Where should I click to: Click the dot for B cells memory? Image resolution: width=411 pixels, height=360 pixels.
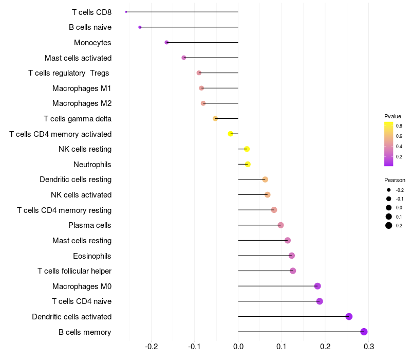364,332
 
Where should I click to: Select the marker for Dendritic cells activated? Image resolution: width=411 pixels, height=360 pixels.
349,316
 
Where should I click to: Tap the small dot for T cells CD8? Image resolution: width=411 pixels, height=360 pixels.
126,12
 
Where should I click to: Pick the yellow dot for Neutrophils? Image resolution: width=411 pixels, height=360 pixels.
248,164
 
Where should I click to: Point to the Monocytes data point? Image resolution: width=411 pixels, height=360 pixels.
166,42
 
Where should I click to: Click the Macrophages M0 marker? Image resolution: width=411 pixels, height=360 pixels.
317,286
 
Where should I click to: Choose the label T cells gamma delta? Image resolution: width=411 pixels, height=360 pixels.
78,119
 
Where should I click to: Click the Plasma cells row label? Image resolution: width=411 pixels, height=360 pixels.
90,225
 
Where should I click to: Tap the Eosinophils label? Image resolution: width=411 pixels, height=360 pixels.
92,256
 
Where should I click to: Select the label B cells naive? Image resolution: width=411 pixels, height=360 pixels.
90,27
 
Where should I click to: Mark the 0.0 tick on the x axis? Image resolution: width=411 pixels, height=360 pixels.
238,347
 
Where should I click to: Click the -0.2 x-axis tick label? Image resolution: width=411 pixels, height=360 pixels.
152,347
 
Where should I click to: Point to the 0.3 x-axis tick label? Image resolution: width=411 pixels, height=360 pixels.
368,347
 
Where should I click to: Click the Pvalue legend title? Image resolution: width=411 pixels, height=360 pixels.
393,116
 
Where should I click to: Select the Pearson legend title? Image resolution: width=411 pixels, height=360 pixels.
395,180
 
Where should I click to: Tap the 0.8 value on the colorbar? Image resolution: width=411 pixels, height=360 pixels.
399,125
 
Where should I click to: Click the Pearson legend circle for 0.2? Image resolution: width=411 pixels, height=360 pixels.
389,225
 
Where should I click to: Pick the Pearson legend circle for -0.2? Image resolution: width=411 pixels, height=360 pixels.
389,190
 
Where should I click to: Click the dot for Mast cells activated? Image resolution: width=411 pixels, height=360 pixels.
184,58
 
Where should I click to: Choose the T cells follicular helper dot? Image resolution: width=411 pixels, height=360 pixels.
293,271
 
